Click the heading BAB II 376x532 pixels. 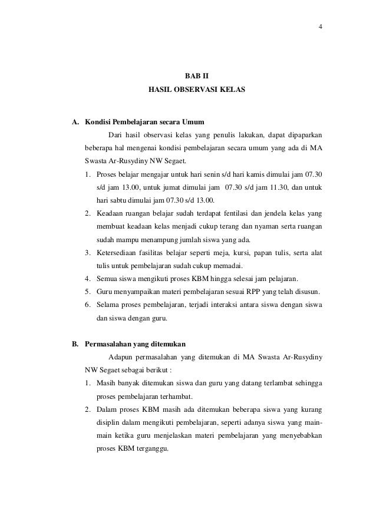[197, 77]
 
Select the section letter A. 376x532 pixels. [75, 123]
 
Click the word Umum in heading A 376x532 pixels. [192, 123]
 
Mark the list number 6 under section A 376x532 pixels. [87, 306]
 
